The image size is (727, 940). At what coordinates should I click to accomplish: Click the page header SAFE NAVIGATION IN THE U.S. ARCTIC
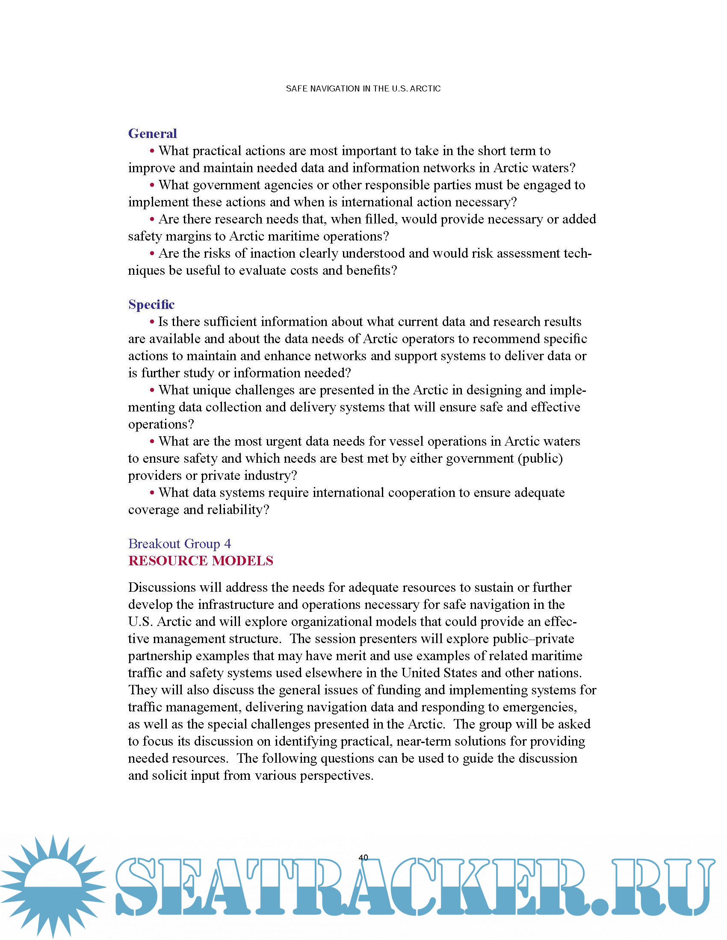tap(363, 89)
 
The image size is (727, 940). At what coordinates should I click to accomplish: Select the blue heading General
tap(153, 133)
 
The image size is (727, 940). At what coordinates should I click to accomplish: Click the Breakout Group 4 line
tap(179, 543)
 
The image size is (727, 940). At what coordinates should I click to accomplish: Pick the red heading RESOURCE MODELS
tap(201, 561)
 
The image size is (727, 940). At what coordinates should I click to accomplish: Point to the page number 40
tap(363, 858)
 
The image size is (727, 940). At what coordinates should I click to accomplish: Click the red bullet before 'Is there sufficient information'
tap(152, 322)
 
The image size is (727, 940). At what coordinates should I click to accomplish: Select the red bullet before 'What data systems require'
tap(152, 493)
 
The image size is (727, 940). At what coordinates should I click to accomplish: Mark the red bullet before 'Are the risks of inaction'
tap(152, 253)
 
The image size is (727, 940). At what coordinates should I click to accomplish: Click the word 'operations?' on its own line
tap(161, 424)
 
